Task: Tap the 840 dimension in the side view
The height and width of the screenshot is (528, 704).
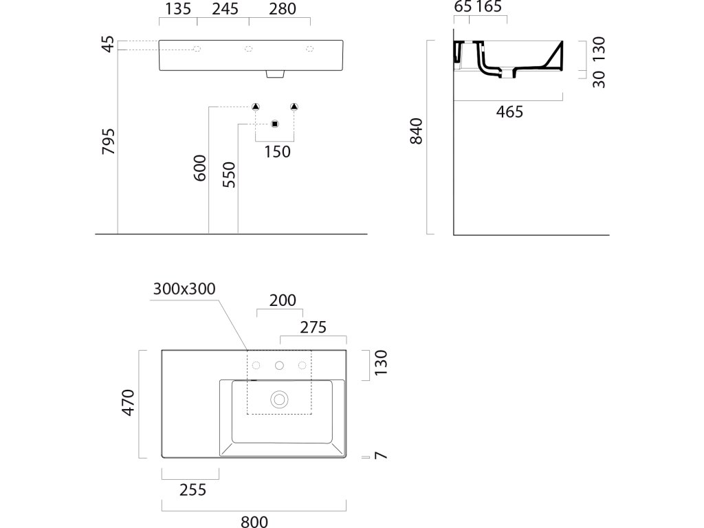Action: tap(416, 131)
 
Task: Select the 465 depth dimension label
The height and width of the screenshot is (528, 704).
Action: tap(509, 112)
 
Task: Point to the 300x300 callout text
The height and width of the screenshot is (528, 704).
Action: tap(184, 289)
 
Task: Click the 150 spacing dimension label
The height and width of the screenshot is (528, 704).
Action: tap(277, 152)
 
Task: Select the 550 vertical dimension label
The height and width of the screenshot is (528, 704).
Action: tap(229, 175)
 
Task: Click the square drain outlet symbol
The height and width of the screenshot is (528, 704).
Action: tap(274, 124)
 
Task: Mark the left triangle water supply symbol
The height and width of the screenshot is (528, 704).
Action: tap(255, 106)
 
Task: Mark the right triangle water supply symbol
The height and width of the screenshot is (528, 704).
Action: tap(294, 106)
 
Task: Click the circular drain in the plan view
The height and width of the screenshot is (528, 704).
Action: tap(279, 398)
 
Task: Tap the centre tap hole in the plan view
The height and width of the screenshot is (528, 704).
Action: tap(279, 365)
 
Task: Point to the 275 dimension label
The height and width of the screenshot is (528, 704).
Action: tap(313, 327)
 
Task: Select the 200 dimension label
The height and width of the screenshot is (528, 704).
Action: tap(283, 300)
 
